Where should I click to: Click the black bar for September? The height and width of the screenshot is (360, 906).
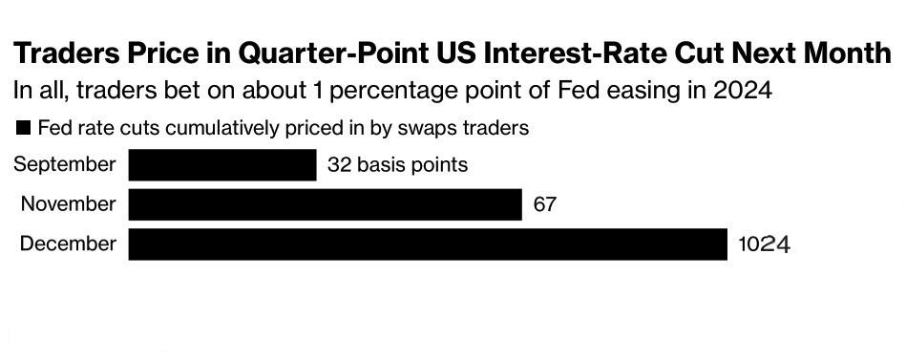pyautogui.click(x=222, y=164)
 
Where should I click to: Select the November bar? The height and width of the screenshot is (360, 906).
pyautogui.click(x=326, y=204)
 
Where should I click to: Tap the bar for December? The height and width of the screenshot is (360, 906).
pyautogui.click(x=428, y=244)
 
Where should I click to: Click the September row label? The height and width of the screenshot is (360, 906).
pyautogui.click(x=65, y=165)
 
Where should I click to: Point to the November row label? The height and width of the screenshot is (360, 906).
pyautogui.click(x=68, y=204)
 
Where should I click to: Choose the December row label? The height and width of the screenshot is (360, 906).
pyautogui.click(x=68, y=244)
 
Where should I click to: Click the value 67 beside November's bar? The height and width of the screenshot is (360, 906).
pyautogui.click(x=544, y=204)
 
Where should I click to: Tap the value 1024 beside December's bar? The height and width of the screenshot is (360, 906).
pyautogui.click(x=764, y=244)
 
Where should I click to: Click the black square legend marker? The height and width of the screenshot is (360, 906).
pyautogui.click(x=24, y=128)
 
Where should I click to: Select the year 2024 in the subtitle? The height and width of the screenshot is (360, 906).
pyautogui.click(x=742, y=92)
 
